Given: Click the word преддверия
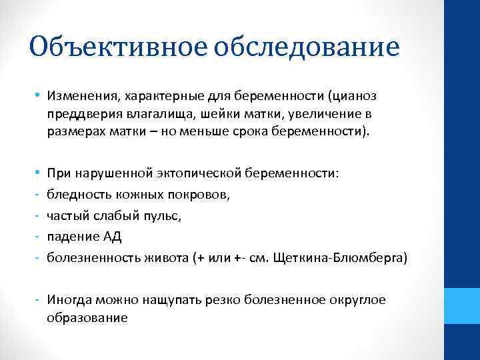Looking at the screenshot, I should (77, 115).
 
